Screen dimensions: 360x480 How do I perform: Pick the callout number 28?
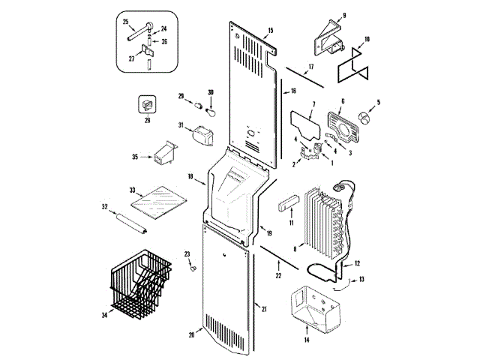147,119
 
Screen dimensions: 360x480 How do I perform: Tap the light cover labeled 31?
201,136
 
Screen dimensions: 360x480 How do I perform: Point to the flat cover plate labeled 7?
302,119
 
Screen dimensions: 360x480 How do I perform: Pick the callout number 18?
191,177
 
